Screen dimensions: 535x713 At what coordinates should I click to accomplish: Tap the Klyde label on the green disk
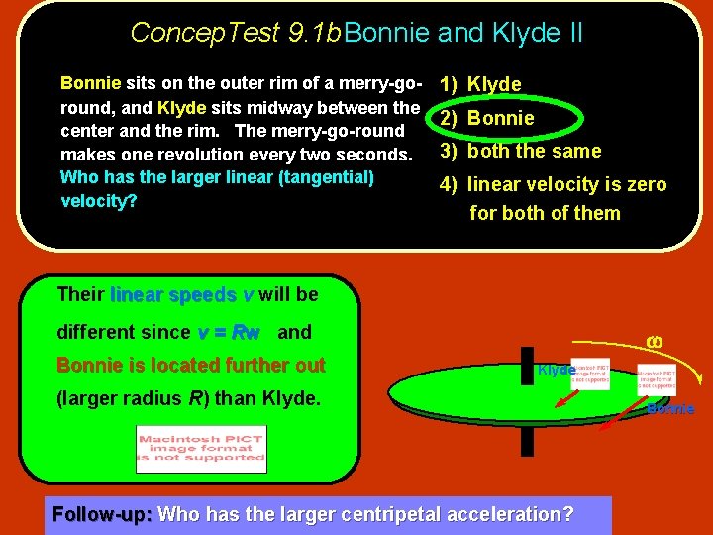click(556, 370)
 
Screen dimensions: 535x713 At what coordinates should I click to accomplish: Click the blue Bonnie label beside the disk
click(670, 408)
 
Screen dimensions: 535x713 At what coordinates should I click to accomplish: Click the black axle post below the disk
click(527, 441)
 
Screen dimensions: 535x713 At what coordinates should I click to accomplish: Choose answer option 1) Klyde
click(493, 84)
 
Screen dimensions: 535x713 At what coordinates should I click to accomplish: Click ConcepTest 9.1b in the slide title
click(236, 33)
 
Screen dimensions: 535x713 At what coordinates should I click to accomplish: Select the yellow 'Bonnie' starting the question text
click(90, 83)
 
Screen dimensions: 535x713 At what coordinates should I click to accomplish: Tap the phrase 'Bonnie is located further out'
click(191, 365)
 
